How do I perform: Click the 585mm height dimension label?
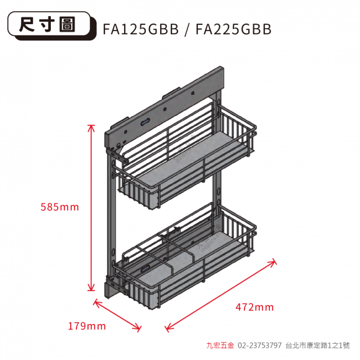point(60,207)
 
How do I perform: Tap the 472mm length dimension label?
point(254,307)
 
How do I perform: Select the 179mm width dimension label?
point(87,326)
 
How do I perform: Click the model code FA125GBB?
point(140,29)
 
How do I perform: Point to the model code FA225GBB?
point(233,29)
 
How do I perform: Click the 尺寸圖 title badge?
point(52,25)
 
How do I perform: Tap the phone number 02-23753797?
point(259,345)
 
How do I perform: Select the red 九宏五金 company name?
point(220,345)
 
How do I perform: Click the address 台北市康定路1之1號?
point(318,345)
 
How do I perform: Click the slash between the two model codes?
point(187,29)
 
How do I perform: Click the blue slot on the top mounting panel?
point(145,121)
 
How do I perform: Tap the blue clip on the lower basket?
point(146,268)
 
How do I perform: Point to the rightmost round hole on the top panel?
point(193,93)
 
